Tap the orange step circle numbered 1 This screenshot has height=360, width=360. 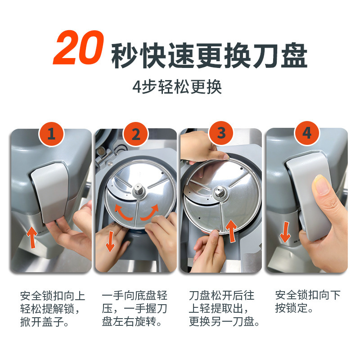[52, 134]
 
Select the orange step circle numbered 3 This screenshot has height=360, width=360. [221, 133]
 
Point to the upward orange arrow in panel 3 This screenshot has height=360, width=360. [231, 230]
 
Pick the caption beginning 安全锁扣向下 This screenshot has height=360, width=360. [308, 302]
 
